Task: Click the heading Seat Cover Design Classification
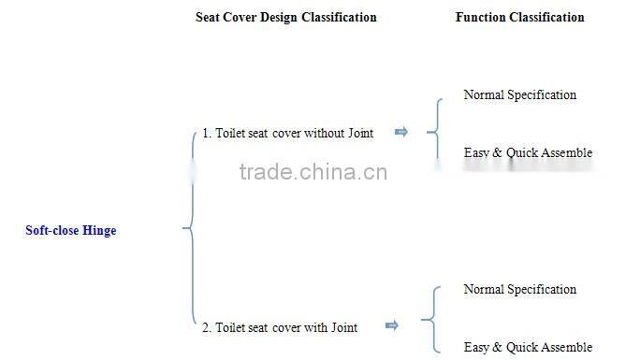[x=285, y=17]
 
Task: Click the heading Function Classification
[x=519, y=17]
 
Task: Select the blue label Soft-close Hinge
[x=71, y=230]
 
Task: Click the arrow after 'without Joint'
[x=401, y=132]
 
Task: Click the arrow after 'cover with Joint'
[x=392, y=325]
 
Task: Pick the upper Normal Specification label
[x=519, y=94]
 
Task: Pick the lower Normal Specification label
[x=519, y=289]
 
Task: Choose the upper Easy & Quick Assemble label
[x=528, y=152]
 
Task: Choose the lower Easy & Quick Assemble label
[x=528, y=347]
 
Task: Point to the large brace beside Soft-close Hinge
[x=191, y=227]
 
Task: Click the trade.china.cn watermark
[x=313, y=172]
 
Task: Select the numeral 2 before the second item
[x=206, y=326]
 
